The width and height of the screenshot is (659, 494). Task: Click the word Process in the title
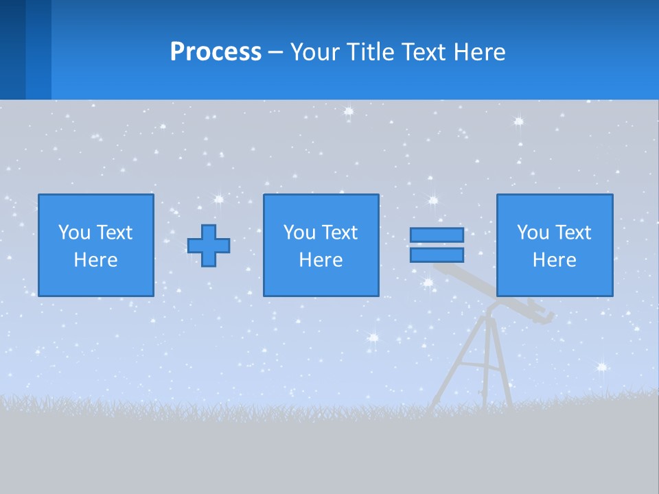point(216,52)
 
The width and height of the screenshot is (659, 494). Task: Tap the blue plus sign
point(209,246)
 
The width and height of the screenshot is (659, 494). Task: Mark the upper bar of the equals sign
point(437,235)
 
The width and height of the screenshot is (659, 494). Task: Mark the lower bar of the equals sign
point(437,255)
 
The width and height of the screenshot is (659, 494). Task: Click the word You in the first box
point(74,233)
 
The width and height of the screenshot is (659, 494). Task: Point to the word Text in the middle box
point(339,233)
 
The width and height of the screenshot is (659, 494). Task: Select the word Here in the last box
point(554,260)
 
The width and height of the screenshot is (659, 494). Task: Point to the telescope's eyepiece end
point(546,314)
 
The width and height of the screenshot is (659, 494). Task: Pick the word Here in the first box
point(95,260)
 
